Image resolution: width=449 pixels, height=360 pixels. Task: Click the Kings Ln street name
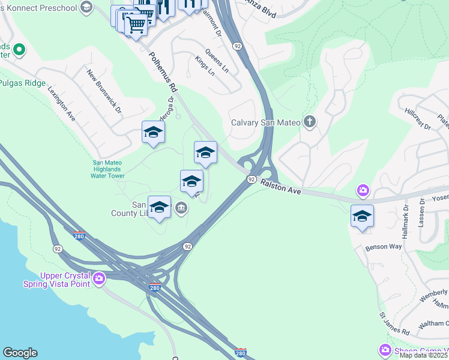point(204,67)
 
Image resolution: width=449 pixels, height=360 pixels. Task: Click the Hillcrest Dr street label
point(418,119)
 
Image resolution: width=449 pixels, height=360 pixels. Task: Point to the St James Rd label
point(394,323)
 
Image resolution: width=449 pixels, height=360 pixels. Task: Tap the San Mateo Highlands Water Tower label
point(108,169)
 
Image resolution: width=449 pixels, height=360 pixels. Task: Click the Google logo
point(20,353)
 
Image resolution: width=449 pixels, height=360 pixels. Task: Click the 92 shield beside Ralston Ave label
point(252,179)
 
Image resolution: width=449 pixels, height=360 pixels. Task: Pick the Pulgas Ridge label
point(23,83)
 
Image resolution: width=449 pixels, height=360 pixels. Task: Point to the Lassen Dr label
point(423,213)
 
